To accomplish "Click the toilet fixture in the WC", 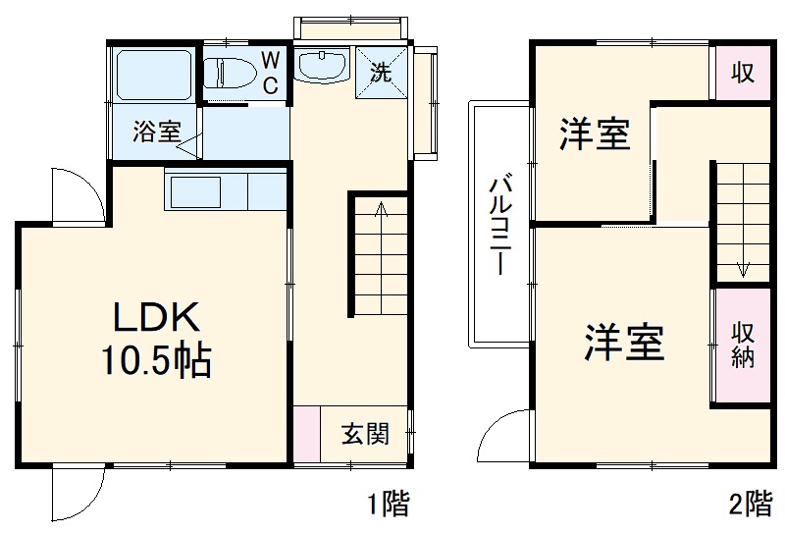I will click(x=230, y=73).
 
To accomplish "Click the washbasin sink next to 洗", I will click(x=322, y=66).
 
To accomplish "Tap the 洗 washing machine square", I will click(x=379, y=71).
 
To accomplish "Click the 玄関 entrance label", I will click(x=364, y=433).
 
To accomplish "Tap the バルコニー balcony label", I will click(x=499, y=226).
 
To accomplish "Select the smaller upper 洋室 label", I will click(x=595, y=133).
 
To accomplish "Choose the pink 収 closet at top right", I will click(x=742, y=72).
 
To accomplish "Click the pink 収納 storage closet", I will click(x=742, y=346).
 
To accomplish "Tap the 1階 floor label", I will click(x=388, y=506).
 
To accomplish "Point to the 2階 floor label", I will click(x=750, y=506).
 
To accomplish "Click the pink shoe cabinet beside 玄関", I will click(x=306, y=433).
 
